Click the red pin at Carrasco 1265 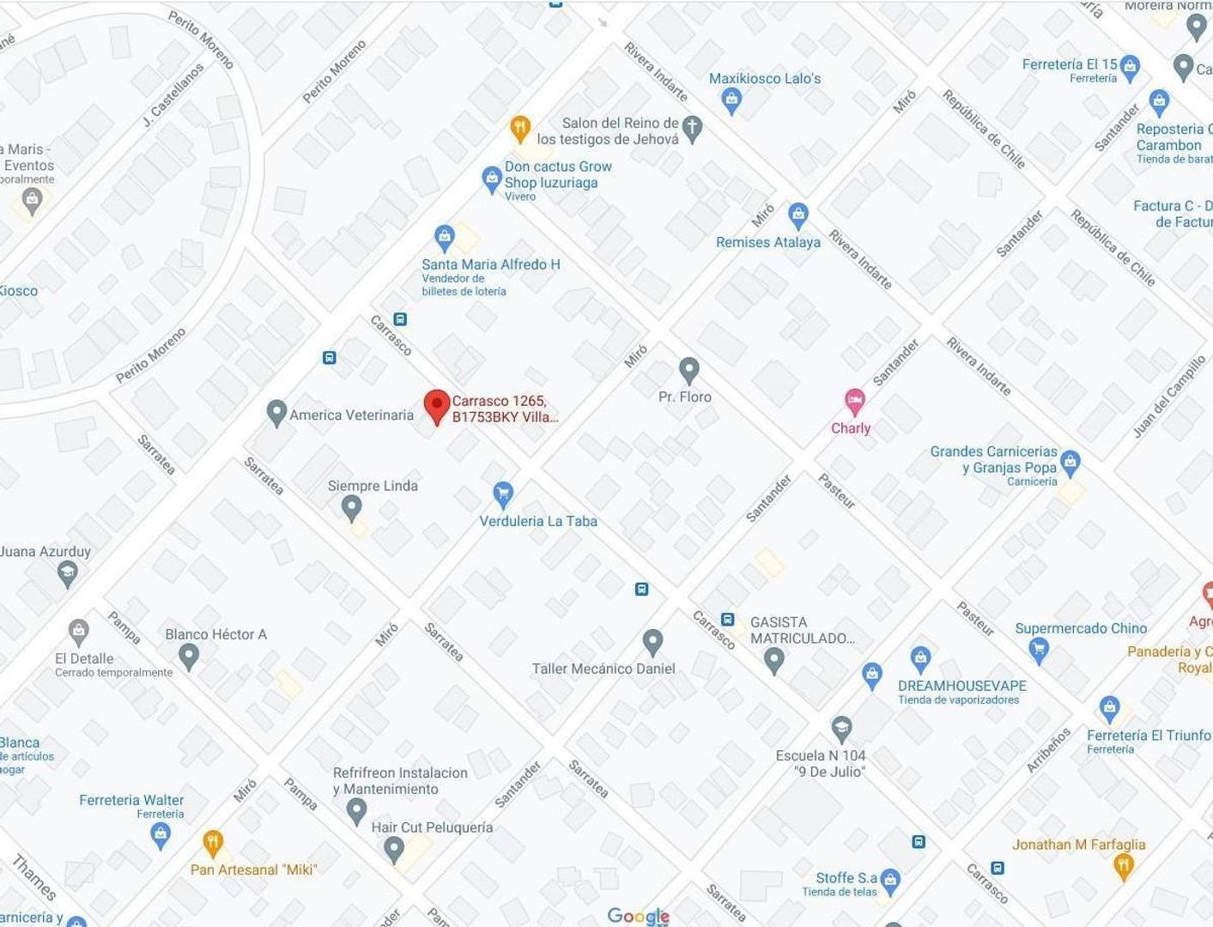tap(437, 406)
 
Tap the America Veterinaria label tap(351, 415)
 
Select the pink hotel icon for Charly tap(854, 401)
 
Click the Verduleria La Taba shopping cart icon tap(503, 493)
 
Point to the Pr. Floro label tap(684, 397)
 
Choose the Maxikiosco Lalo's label tap(764, 79)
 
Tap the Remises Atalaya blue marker tap(798, 215)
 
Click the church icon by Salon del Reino tap(692, 128)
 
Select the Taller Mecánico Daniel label tap(603, 669)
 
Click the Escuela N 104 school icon tap(841, 729)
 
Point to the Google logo tap(638, 916)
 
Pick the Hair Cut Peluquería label tap(432, 827)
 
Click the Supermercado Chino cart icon tap(1039, 650)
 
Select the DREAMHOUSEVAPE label tap(961, 686)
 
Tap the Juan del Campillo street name tap(1168, 397)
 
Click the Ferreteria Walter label tap(131, 800)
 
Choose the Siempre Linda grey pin tap(351, 507)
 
